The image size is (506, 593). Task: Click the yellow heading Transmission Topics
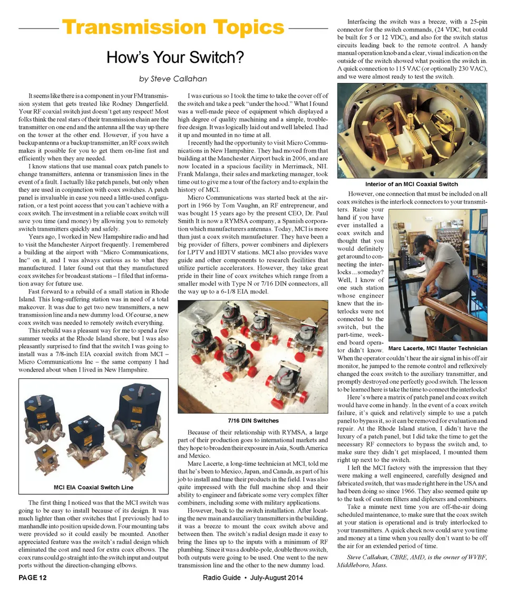click(173, 27)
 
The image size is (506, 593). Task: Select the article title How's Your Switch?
click(173, 56)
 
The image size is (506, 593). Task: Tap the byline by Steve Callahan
click(173, 79)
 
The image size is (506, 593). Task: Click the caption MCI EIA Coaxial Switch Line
click(94, 487)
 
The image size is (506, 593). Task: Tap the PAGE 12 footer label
click(33, 578)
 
